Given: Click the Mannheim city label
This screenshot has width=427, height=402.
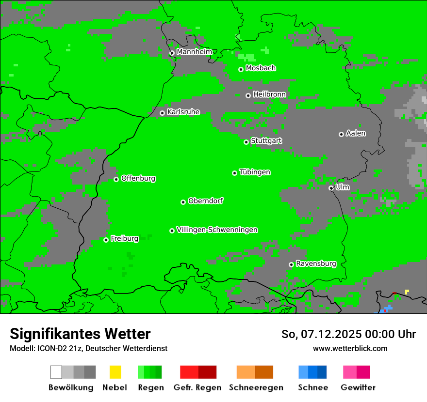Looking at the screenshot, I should coord(194,52).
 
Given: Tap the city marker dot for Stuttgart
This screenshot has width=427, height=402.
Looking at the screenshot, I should coord(246,142).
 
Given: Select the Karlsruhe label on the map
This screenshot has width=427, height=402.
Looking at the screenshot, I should coord(183,112).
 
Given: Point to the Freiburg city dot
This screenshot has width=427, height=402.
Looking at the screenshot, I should coord(106,240).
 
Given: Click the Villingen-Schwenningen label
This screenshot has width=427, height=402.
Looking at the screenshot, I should coord(217,230).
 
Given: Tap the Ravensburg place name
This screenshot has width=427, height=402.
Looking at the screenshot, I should coord(316,264).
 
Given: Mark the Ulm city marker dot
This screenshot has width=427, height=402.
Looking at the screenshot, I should coord(331,188).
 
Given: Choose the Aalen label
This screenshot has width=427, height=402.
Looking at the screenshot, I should coord(356,133).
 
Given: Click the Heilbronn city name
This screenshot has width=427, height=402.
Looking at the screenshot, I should coord(269,94).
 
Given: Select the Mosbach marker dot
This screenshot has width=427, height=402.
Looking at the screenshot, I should coord(241,69).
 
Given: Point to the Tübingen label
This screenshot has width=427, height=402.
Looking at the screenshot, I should coord(255,172).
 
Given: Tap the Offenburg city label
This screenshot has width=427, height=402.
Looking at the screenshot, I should coord(138,178).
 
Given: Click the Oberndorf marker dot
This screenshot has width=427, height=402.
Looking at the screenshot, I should coord(183,202).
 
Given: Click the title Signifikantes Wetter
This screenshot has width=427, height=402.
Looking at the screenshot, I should coord(80,334).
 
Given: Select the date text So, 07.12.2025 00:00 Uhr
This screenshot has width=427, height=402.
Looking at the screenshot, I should coord(348,334).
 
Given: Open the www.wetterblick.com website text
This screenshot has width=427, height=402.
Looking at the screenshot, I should coord(350,348).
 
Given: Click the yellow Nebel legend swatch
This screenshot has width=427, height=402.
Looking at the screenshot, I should coord(115,372).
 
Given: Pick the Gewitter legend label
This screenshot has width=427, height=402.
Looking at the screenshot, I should coord(358,387).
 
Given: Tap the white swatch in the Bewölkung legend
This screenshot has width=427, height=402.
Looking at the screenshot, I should coord(56,372).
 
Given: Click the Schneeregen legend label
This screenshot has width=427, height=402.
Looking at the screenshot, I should coord(256,387).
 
